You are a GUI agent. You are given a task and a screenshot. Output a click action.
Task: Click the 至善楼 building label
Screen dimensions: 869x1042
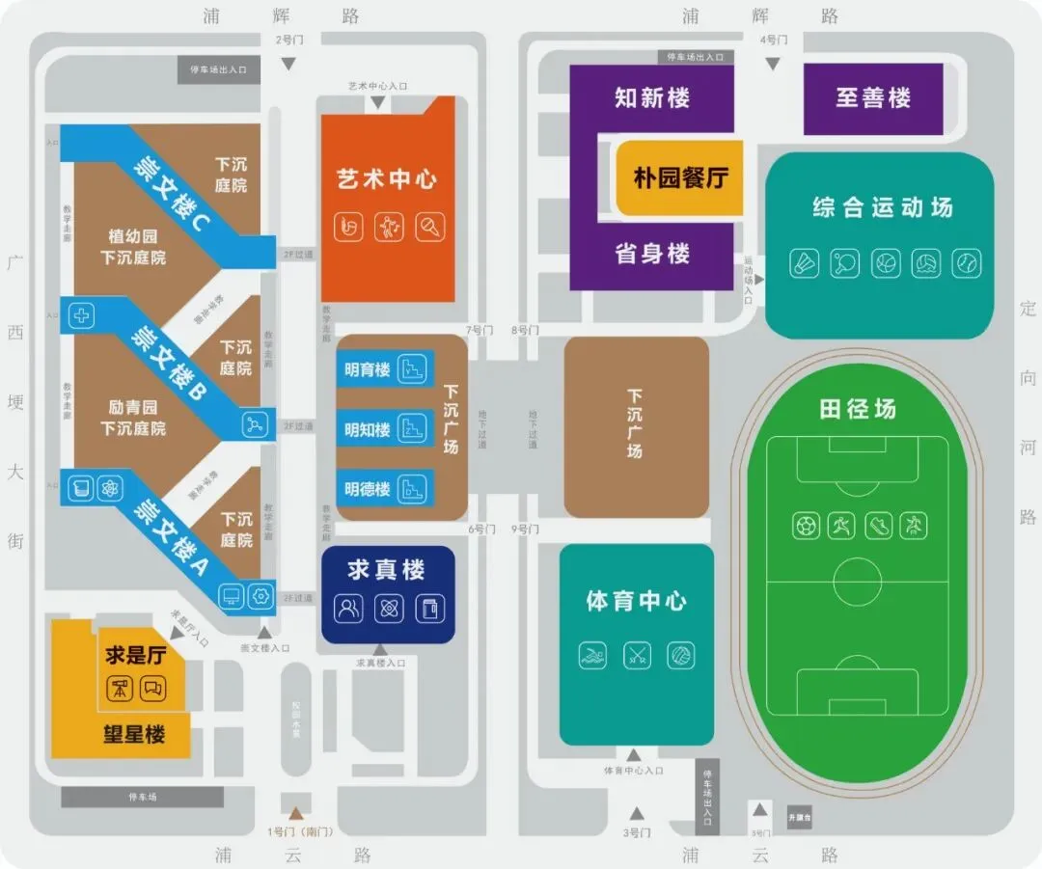tap(872, 97)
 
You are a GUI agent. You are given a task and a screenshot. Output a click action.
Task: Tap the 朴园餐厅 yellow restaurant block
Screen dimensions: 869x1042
tap(680, 178)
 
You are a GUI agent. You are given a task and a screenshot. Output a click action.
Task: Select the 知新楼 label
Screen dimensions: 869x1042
tap(652, 97)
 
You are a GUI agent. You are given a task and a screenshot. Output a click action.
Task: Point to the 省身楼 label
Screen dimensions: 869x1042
tap(652, 254)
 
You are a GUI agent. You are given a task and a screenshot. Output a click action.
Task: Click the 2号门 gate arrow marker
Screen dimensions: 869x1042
tap(288, 63)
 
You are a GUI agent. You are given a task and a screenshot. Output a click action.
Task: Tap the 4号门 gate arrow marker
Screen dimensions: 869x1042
tap(773, 63)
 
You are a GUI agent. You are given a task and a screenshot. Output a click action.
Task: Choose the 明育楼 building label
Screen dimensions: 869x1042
tap(367, 369)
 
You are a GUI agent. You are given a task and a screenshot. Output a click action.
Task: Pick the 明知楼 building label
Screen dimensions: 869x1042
tap(367, 429)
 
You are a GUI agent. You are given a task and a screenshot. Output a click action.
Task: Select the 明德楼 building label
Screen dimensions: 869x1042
tap(367, 489)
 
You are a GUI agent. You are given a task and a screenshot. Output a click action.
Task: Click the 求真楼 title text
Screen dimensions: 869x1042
tap(387, 570)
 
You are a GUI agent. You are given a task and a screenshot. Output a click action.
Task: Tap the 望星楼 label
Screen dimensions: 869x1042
tap(134, 734)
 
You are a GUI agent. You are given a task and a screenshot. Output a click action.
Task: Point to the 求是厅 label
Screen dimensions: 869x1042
tap(136, 656)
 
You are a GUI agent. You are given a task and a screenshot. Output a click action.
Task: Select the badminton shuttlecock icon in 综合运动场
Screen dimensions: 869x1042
tap(804, 263)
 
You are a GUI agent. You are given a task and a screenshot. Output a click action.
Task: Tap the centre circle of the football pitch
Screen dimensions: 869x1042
tap(857, 582)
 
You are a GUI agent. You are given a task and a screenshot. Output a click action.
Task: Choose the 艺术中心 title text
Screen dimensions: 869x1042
tap(387, 179)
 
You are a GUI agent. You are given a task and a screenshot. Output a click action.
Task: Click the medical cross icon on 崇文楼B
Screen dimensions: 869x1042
tap(84, 315)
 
